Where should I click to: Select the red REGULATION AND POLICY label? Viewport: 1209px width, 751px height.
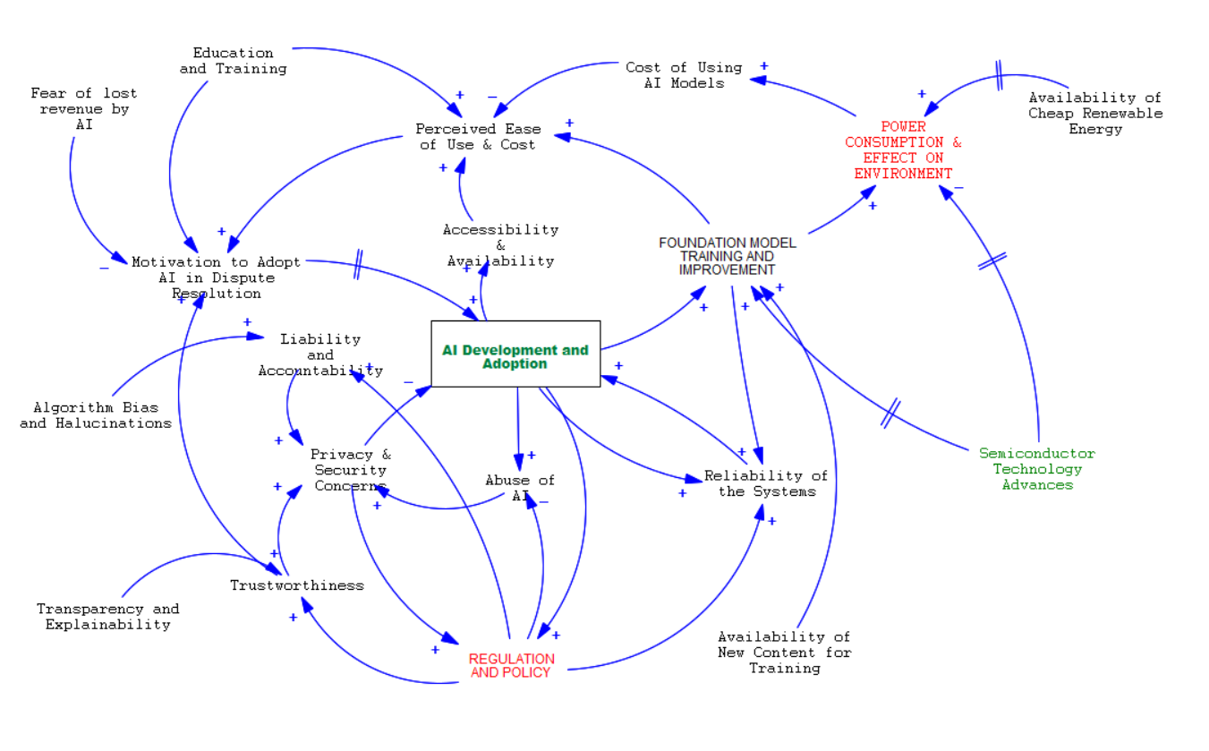pyautogui.click(x=511, y=665)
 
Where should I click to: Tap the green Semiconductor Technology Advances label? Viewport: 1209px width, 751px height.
pyautogui.click(x=1037, y=469)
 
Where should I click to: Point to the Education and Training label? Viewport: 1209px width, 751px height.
pyautogui.click(x=233, y=61)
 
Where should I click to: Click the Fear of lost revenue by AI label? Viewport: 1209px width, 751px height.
pyautogui.click(x=84, y=108)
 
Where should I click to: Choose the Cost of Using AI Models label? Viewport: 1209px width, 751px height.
pyautogui.click(x=684, y=74)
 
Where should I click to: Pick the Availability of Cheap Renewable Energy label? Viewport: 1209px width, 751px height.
pyautogui.click(x=1094, y=113)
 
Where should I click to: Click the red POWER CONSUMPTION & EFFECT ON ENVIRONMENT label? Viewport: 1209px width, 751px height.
pyautogui.click(x=903, y=149)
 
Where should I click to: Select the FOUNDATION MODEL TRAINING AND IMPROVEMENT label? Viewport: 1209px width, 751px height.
pyautogui.click(x=727, y=256)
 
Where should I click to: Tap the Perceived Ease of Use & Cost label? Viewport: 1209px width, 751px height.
pyautogui.click(x=478, y=136)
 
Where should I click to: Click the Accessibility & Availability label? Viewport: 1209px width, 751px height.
pyautogui.click(x=500, y=245)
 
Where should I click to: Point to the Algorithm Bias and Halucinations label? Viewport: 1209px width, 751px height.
pyautogui.click(x=96, y=415)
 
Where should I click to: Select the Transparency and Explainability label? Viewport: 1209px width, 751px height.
pyautogui.click(x=107, y=617)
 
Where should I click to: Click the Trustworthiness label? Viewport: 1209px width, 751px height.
pyautogui.click(x=297, y=585)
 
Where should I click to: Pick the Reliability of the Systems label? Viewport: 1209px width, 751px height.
pyautogui.click(x=766, y=483)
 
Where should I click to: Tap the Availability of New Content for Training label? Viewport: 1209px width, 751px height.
pyautogui.click(x=784, y=652)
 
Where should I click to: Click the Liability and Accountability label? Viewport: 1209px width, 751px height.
pyautogui.click(x=320, y=354)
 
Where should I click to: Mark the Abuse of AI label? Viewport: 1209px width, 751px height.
pyautogui.click(x=520, y=487)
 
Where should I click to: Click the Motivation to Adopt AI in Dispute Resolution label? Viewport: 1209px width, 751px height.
pyautogui.click(x=217, y=277)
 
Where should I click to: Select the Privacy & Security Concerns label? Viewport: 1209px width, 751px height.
pyautogui.click(x=351, y=470)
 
